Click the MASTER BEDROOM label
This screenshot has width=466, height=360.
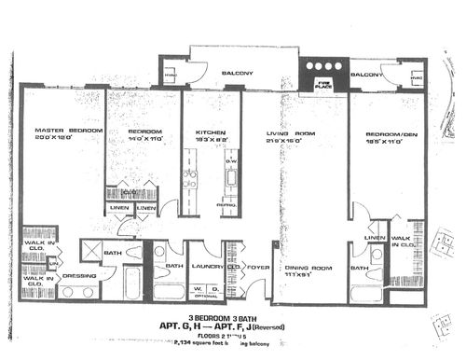click(68, 130)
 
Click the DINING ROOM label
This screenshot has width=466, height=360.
click(308, 268)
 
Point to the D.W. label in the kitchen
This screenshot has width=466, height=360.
click(230, 160)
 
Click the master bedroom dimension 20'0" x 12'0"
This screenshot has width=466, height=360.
click(68, 139)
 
